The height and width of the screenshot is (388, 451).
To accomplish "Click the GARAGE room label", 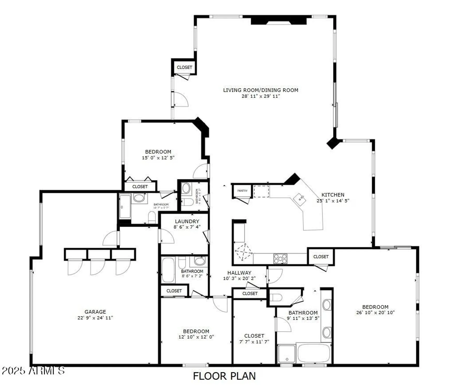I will pos(95,312).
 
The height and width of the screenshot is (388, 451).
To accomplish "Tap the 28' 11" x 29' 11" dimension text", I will pos(261,96).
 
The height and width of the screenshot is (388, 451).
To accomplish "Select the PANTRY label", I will pos(242,191).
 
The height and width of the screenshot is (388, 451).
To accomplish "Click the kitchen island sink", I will pos(300,199).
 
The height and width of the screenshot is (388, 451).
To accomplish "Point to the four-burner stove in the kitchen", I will pos(280,258).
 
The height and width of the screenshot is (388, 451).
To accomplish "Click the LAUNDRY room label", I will pos(187,221).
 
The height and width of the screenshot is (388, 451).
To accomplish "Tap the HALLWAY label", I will pos(239,273).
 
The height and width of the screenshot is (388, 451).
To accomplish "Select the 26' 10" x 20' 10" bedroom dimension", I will pos(375,312).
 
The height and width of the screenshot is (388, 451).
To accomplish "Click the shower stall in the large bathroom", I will pos(286,354).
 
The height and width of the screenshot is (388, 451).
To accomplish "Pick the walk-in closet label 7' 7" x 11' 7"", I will pos(254,341).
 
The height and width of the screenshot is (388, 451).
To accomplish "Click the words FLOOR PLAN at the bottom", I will pos(224,376).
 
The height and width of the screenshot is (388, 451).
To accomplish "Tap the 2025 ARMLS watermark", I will pos(33,370).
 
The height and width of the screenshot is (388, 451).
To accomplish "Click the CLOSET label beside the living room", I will pos(184,67).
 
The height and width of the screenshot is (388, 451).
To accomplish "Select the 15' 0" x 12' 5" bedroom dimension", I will pos(158,158).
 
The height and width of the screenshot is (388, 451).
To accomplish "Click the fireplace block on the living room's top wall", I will pos(279,20).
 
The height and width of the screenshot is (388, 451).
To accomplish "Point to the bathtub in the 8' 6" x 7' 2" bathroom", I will pos(168,270).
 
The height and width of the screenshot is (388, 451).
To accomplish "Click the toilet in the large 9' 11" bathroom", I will pos(276,297).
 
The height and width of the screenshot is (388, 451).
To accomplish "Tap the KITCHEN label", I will pos(333,195).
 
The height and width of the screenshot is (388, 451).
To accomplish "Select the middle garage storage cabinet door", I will pos(98,266).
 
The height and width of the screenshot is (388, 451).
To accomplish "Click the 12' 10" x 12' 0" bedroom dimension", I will pos(196,337).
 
